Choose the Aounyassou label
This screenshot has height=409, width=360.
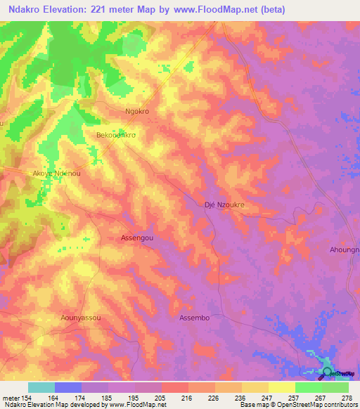coord(81,318)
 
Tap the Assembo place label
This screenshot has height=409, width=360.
coord(195,318)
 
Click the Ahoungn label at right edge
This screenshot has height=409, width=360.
coord(344,249)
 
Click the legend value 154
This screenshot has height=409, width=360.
coord(28,396)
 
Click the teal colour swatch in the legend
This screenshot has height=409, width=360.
coord(41,387)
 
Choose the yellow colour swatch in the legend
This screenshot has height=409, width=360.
coord(281,387)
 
